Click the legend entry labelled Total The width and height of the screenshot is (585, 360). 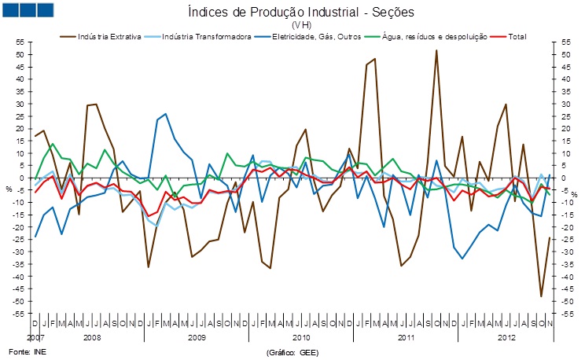pos(517,37)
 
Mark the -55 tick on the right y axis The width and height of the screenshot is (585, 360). pos(566,314)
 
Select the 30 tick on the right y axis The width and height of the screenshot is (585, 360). pos(564,105)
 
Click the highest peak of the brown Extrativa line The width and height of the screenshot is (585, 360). pos(436,50)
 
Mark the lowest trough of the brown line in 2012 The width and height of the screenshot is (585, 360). pos(541,296)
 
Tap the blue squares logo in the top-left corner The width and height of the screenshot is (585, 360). pos(28,11)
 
